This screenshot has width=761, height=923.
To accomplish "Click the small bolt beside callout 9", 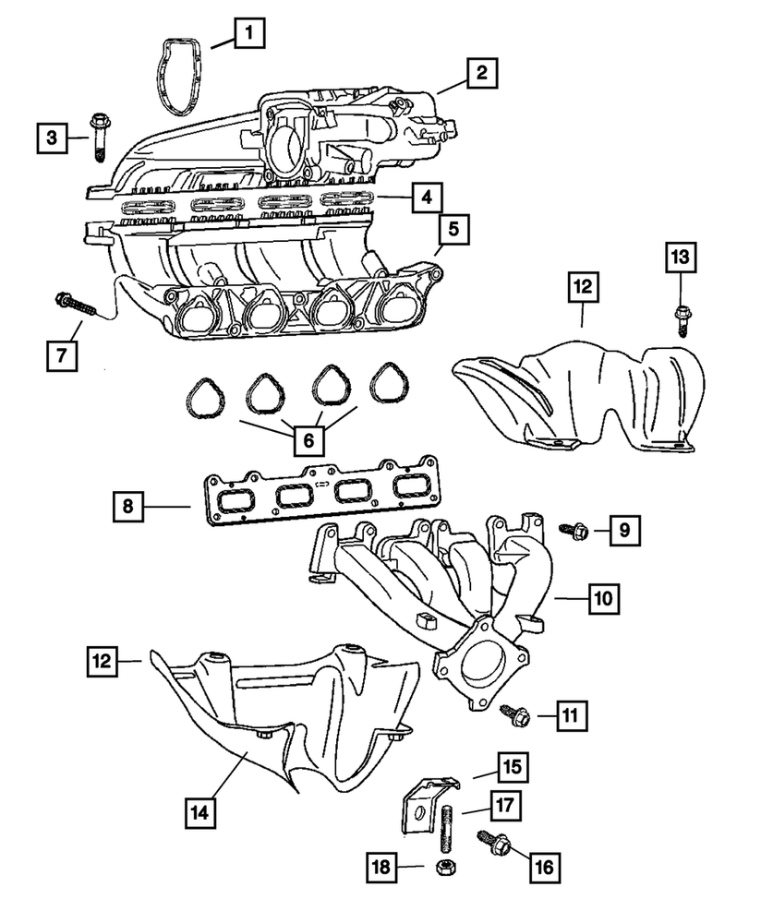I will click(569, 530).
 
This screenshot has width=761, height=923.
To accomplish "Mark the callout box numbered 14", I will click(202, 812).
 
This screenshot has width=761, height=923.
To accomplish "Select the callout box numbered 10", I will click(603, 599).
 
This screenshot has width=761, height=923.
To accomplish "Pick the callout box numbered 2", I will click(482, 72).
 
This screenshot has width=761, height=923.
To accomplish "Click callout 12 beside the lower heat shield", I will click(104, 660).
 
